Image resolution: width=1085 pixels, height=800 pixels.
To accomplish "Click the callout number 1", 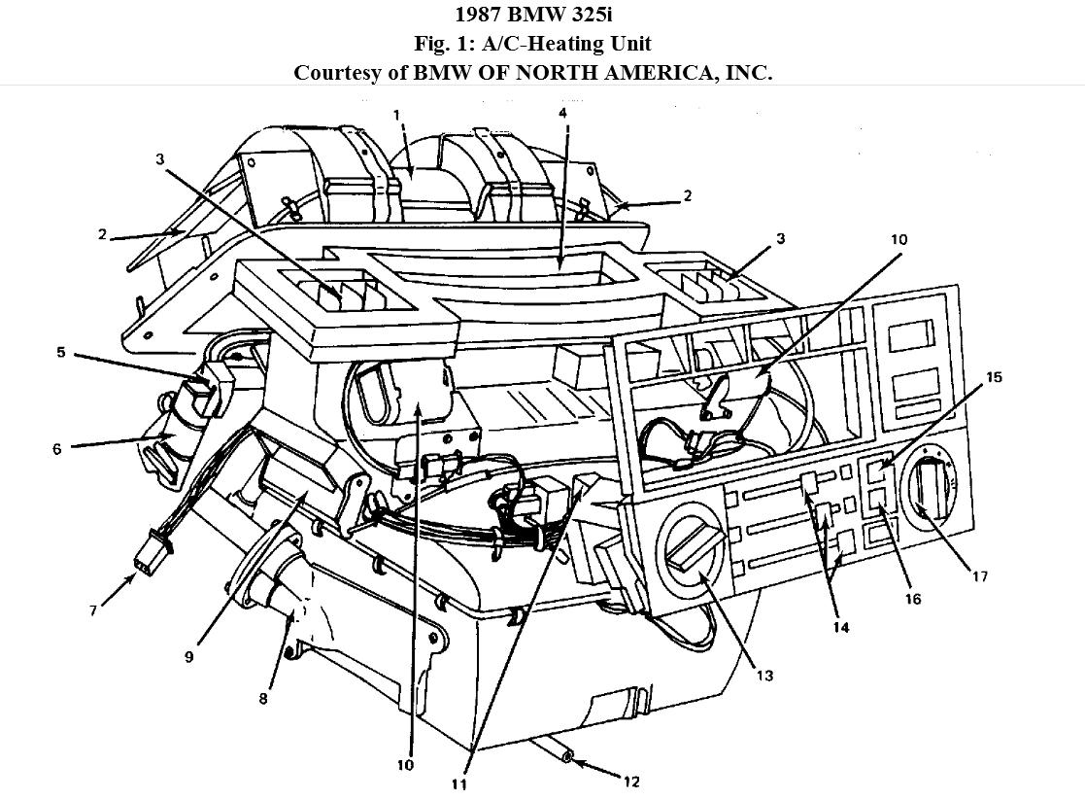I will pos(396,115).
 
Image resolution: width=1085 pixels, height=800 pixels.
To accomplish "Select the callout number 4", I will pos(562,113).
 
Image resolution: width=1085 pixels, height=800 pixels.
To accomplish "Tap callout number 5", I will pos(61,352).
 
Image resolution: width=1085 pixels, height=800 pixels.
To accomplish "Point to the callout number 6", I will pos(57,449).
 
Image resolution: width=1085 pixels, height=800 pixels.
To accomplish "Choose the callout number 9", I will pos(189,656).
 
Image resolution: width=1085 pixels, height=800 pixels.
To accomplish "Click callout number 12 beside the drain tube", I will pos(633,781).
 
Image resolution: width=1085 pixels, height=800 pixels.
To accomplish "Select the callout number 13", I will pos(764,675).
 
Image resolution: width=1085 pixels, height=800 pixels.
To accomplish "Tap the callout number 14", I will pos(841,627).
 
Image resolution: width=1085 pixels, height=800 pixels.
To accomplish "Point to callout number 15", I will pos(994,376).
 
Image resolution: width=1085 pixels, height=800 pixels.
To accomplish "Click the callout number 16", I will pos(912,600).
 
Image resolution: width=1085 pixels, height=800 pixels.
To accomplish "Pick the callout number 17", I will pos(980,576).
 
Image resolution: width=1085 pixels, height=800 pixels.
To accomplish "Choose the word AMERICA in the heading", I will pos(661,73).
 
